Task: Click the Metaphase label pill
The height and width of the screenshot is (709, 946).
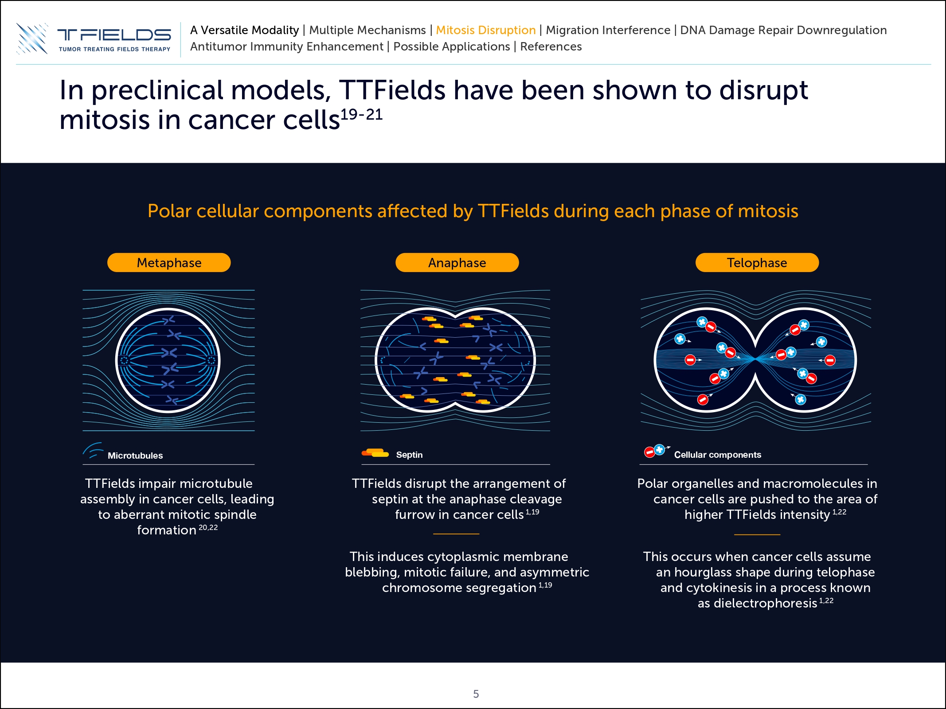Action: point(169,262)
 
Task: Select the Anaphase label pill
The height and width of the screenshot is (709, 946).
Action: point(457,262)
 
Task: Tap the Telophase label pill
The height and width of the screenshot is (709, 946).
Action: point(757,262)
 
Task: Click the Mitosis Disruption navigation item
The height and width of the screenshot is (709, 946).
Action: point(486,30)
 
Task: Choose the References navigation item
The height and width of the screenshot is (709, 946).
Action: point(551,47)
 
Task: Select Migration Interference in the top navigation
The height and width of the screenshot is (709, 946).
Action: point(608,30)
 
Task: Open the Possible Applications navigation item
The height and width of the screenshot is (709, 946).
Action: point(452,47)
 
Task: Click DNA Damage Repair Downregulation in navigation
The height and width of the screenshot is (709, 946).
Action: point(783,30)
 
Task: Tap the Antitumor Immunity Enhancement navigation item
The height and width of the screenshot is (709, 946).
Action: point(287,47)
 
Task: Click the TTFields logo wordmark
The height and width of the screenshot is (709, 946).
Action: point(114,35)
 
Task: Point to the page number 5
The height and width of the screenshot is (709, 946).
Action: point(476,694)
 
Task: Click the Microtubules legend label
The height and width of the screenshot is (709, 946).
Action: point(135,456)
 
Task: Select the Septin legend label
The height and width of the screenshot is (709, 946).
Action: point(409,455)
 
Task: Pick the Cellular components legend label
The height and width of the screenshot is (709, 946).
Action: point(718,455)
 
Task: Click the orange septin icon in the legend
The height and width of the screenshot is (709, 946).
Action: point(375,452)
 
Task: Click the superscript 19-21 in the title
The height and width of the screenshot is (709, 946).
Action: point(361,114)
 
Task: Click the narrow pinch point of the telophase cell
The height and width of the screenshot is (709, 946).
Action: point(755,359)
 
